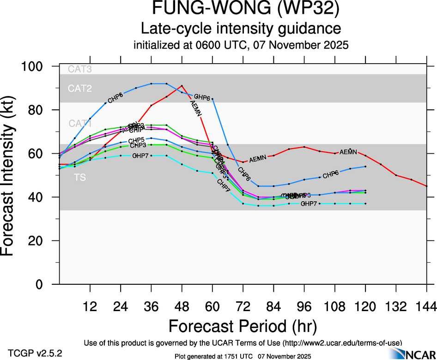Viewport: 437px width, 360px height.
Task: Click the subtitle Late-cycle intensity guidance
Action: point(241,28)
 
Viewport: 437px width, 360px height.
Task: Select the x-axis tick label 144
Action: point(426,306)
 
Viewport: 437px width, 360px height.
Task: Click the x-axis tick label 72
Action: point(243,306)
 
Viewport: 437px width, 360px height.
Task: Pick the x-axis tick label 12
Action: point(90,306)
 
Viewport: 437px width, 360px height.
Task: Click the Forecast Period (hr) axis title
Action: point(243,326)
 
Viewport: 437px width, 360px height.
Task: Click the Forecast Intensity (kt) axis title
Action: point(11,175)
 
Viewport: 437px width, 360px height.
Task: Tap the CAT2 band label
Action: point(80,88)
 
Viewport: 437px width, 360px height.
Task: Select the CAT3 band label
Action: point(80,70)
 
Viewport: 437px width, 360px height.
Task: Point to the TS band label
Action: point(80,177)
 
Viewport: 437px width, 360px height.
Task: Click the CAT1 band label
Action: point(80,124)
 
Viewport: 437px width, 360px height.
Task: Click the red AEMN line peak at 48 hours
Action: point(182,85)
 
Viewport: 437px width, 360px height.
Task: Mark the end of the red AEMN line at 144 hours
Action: point(426,186)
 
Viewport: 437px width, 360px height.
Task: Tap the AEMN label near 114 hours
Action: point(348,152)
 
